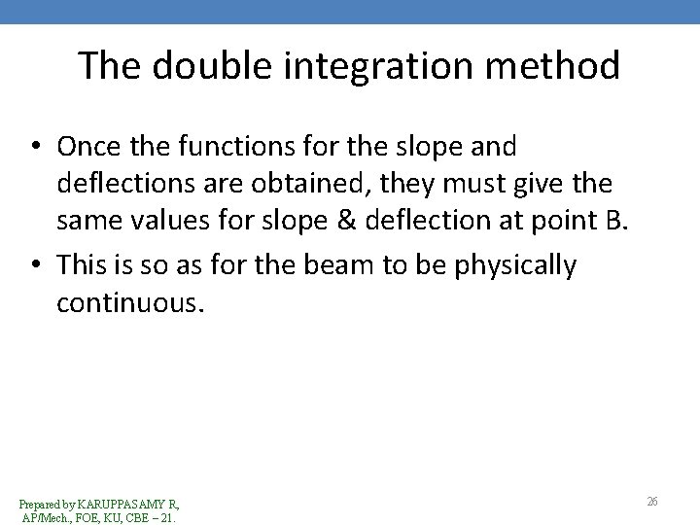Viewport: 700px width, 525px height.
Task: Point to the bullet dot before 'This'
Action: point(35,265)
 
